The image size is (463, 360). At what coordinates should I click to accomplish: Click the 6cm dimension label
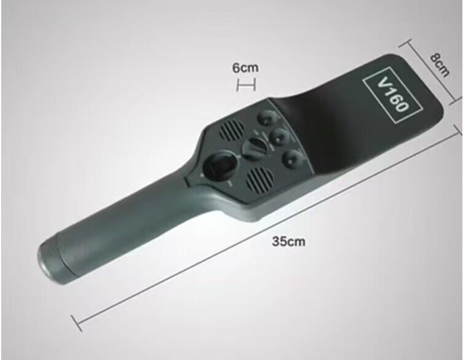pos(245,68)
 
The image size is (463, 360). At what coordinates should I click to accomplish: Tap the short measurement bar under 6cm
pos(246,85)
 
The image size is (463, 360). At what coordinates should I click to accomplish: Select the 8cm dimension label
pos(440,65)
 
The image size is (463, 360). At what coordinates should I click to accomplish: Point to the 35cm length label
pos(288,241)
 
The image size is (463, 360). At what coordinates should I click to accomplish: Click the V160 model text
pos(392,95)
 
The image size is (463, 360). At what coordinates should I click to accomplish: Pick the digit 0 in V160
pos(402,106)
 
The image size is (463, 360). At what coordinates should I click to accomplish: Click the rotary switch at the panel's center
pos(255,149)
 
